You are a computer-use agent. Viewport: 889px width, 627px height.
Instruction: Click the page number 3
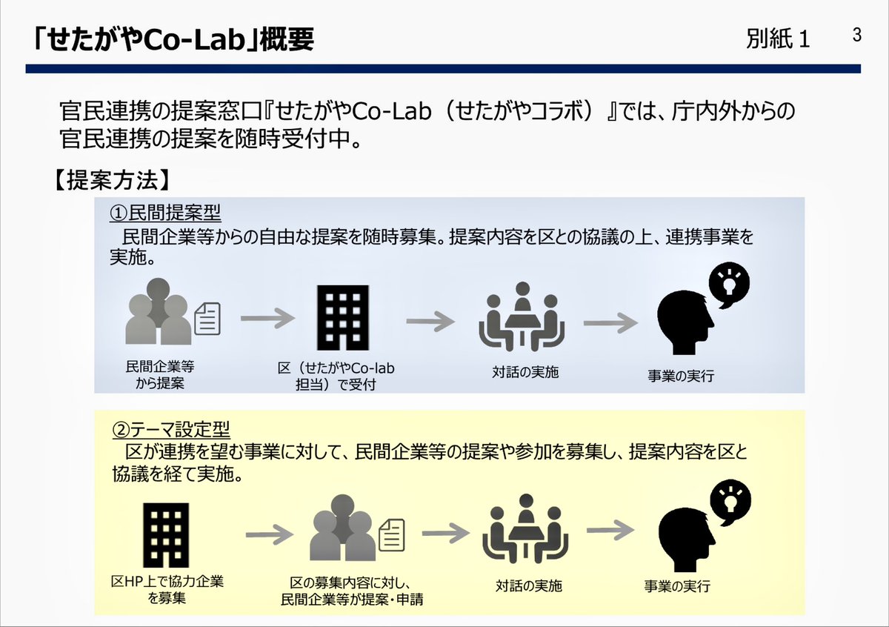pyautogui.click(x=857, y=35)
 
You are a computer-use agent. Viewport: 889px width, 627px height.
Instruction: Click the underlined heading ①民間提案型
pyautogui.click(x=165, y=213)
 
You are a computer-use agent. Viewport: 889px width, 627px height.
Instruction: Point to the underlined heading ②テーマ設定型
pyautogui.click(x=170, y=429)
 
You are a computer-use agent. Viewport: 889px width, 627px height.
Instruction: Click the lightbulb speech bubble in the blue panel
pyautogui.click(x=729, y=283)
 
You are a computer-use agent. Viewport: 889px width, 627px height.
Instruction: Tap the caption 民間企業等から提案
pyautogui.click(x=160, y=374)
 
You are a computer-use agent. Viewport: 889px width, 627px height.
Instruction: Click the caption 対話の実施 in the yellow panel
pyautogui.click(x=528, y=585)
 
